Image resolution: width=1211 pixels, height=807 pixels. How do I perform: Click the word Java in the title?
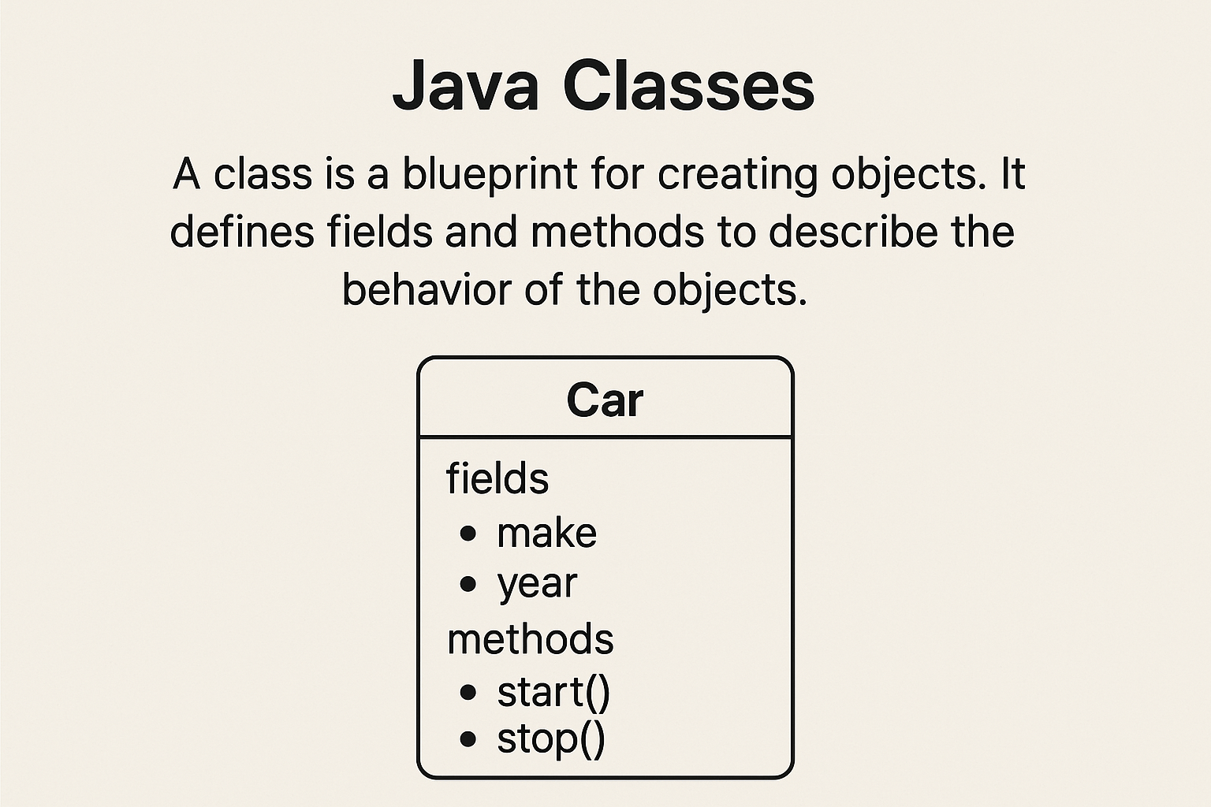point(466,87)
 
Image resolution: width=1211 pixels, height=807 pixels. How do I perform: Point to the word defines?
point(242,232)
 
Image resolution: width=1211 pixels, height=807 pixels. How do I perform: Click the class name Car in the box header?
point(605,400)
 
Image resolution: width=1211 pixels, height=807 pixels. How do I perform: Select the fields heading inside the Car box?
point(497,478)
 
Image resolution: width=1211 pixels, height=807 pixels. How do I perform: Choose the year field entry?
point(537,585)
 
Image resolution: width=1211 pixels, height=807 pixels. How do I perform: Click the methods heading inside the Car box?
point(531,639)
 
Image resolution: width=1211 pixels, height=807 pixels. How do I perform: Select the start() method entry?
point(553,693)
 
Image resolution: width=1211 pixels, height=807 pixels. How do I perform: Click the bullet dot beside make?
point(468,534)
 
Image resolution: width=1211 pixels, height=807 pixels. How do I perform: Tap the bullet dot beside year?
point(468,584)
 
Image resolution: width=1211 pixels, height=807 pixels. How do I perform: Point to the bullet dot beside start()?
point(468,693)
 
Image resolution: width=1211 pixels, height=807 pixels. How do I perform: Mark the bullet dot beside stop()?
point(468,739)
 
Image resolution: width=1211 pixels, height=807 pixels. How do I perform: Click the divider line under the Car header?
point(605,437)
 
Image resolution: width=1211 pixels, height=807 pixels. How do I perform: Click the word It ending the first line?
point(1013,174)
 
